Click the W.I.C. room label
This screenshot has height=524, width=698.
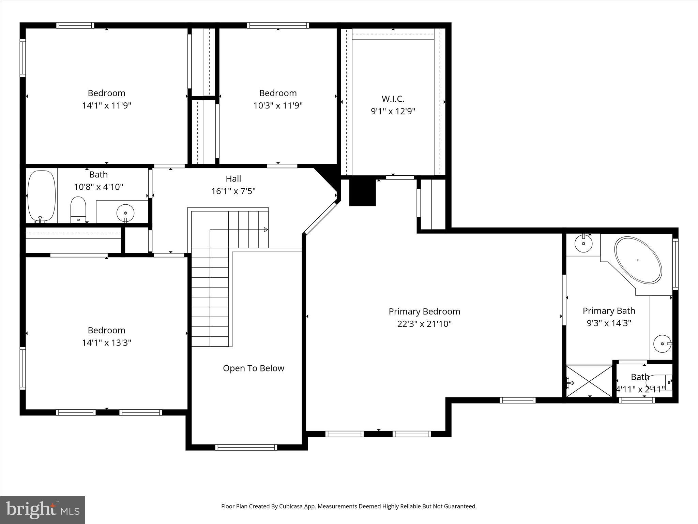tap(393, 99)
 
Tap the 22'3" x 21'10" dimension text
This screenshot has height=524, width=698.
tap(424, 324)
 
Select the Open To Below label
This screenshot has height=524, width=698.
tap(253, 368)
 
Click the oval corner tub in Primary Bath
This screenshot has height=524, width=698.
tap(638, 260)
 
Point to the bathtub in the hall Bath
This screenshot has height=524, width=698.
tap(41, 196)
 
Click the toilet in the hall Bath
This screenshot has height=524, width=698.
tap(78, 209)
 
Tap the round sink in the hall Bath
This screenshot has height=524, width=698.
tap(125, 213)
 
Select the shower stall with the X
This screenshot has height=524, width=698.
tap(589, 381)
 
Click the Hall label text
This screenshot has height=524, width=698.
tap(233, 179)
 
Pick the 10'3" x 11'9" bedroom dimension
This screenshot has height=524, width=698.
tap(278, 105)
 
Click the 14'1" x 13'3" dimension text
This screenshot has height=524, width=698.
tap(106, 343)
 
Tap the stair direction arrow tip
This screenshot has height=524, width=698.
tap(267, 230)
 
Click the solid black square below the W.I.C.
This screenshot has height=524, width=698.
tap(362, 193)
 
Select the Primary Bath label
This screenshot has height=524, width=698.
tap(609, 311)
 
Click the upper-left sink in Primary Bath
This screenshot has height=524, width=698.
tap(583, 244)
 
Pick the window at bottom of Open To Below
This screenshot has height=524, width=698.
tap(246, 447)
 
